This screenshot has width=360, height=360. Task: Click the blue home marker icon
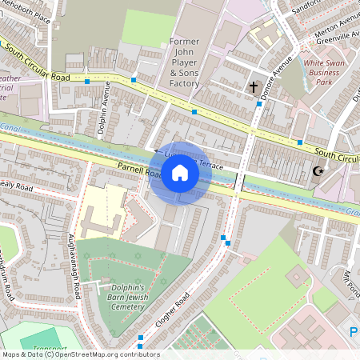point(180,173)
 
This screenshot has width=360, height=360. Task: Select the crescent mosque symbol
point(318,170)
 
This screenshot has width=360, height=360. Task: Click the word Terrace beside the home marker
point(211,164)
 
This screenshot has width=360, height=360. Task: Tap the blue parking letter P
point(353,331)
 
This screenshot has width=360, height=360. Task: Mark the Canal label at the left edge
point(10,126)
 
